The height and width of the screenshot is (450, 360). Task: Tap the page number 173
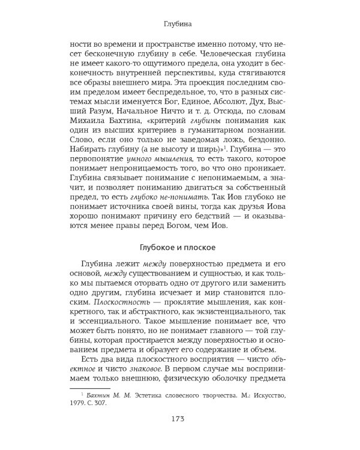(x=180, y=433)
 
